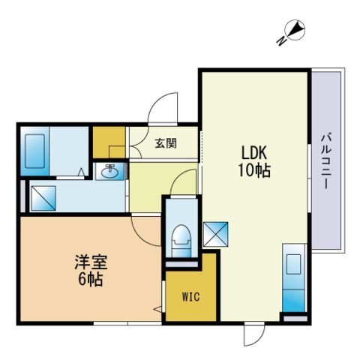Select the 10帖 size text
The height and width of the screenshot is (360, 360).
coord(252,169)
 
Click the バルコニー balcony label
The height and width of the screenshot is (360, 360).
coord(327,161)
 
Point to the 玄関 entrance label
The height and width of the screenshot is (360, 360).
coord(166,142)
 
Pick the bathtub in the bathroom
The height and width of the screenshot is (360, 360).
coord(36,151)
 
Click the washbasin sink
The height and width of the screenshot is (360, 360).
coord(111,172)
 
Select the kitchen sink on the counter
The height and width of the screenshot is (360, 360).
coord(294,265)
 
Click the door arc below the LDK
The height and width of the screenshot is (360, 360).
coord(255,335)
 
